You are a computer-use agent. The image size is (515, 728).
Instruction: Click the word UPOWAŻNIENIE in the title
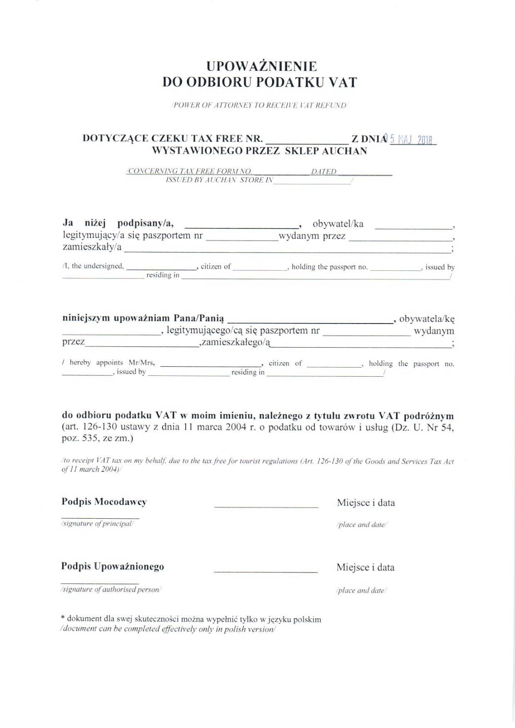pyautogui.click(x=261, y=66)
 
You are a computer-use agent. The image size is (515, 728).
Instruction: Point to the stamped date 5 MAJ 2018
pyautogui.click(x=411, y=140)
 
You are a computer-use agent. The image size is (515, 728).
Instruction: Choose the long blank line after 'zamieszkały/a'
pyautogui.click(x=287, y=251)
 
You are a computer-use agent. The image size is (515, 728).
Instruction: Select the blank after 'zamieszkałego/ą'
pyautogui.click(x=361, y=346)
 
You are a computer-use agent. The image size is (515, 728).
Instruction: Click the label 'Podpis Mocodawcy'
pyautogui.click(x=104, y=502)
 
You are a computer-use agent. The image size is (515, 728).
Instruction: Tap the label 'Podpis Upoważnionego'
pyautogui.click(x=113, y=566)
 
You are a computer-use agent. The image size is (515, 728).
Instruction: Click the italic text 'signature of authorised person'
pyautogui.click(x=111, y=589)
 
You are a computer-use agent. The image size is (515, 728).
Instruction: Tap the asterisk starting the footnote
pyautogui.click(x=63, y=618)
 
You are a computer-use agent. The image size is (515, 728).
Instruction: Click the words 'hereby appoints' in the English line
pyautogui.click(x=96, y=363)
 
